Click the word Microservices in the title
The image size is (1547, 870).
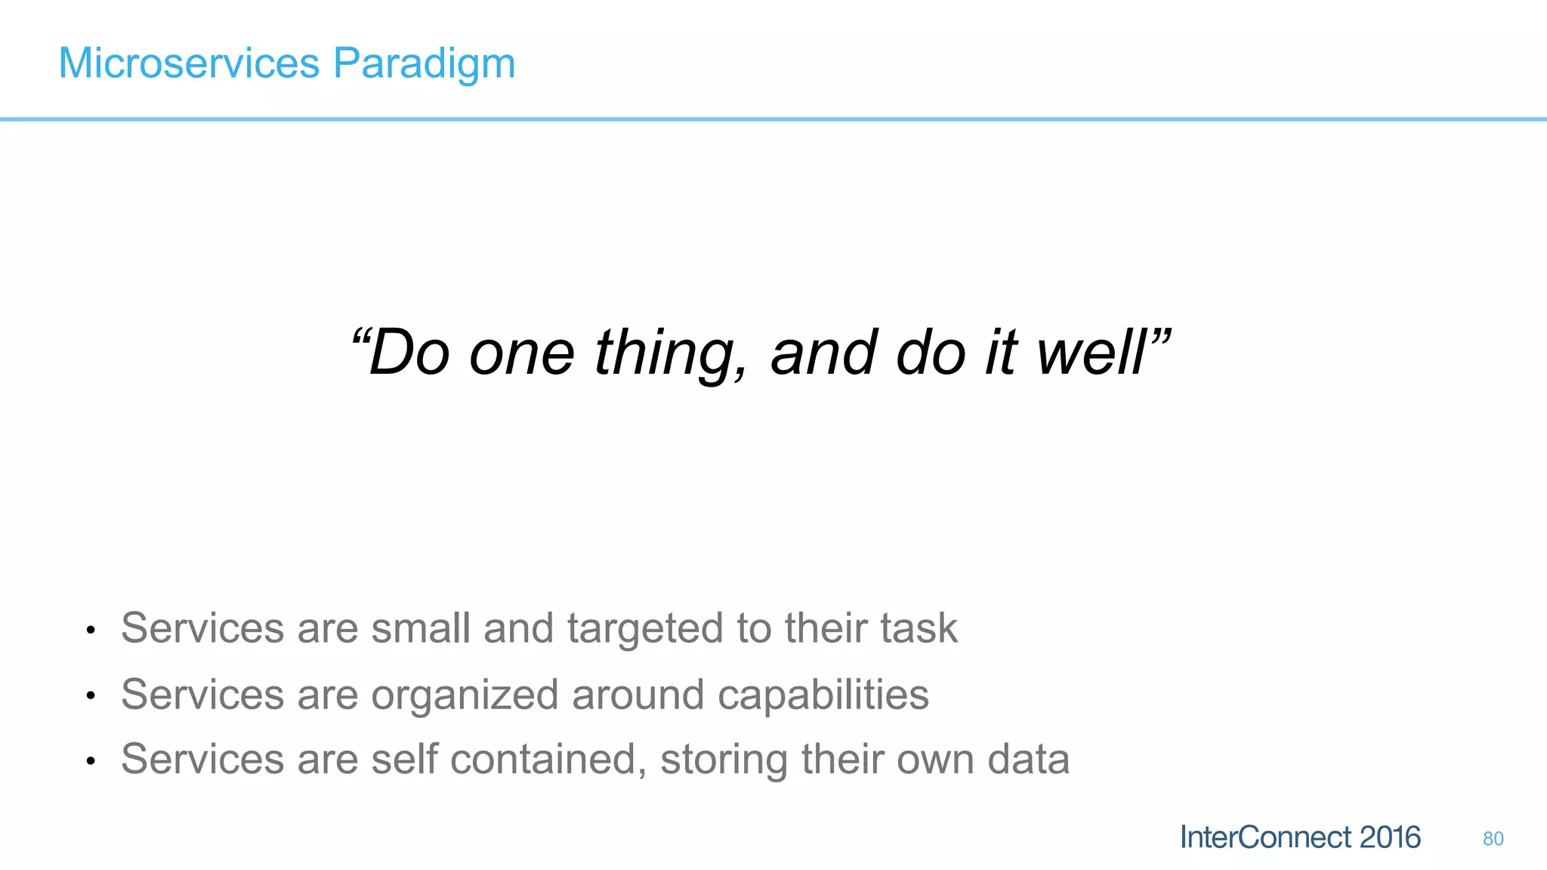pyautogui.click(x=189, y=63)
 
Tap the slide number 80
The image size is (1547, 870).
pyautogui.click(x=1493, y=839)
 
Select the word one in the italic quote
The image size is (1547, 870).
pyautogui.click(x=521, y=353)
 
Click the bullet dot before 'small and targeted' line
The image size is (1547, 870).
pyautogui.click(x=90, y=630)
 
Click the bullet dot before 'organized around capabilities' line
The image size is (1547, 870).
pyautogui.click(x=90, y=696)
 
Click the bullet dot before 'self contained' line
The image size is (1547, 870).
pyautogui.click(x=90, y=760)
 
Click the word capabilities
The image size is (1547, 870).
pyautogui.click(x=823, y=696)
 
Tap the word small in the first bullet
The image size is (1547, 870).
pyautogui.click(x=421, y=628)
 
